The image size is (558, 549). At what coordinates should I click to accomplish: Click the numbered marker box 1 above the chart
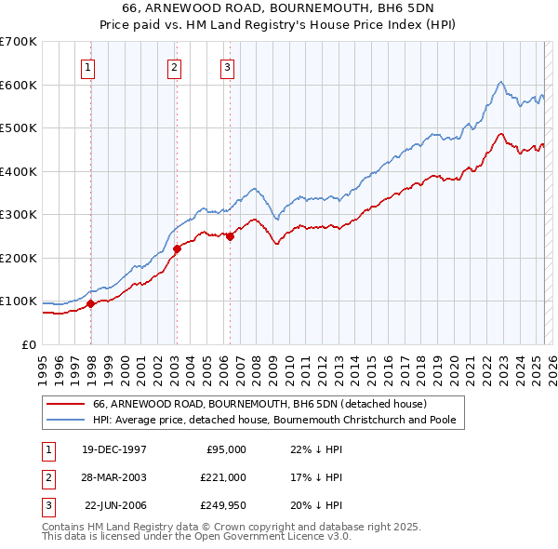click(x=87, y=66)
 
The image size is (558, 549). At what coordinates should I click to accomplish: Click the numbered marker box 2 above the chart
click(x=174, y=66)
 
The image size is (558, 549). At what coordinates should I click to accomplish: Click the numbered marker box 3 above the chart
click(x=227, y=66)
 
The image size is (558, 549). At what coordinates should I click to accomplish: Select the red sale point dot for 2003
click(x=177, y=248)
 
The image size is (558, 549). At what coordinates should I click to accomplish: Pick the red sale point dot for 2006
click(x=230, y=236)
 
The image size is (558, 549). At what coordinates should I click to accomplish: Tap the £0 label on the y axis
click(x=28, y=344)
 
